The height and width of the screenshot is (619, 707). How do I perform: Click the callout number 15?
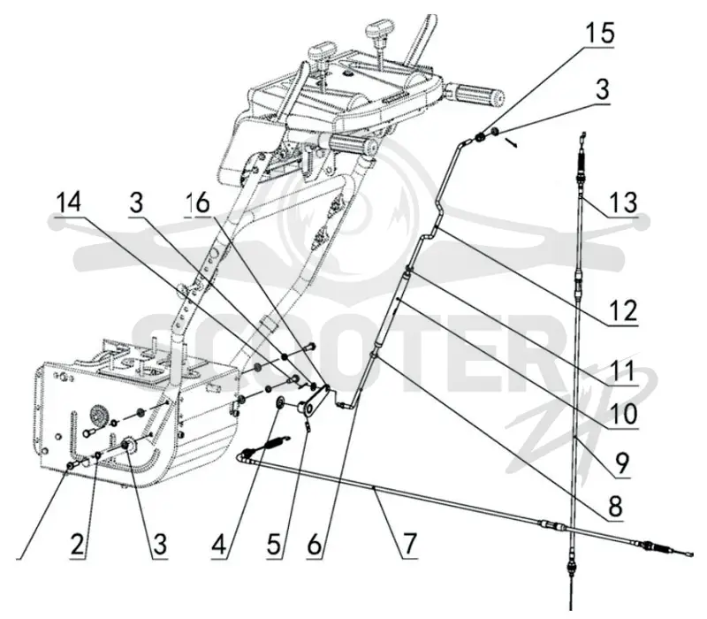[600, 33]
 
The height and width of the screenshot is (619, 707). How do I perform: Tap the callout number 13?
[623, 202]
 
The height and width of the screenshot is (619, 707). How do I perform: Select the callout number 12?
[623, 310]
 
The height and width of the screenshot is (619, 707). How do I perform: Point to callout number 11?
[623, 371]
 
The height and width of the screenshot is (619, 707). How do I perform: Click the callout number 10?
[623, 413]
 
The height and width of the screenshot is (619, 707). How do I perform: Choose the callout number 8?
[615, 506]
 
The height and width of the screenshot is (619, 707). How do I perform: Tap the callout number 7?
[409, 544]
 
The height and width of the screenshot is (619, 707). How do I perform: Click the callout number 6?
[315, 544]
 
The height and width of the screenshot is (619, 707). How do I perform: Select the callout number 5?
[274, 544]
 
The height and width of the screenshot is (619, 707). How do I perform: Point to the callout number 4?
[219, 544]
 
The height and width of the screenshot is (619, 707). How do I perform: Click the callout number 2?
[78, 544]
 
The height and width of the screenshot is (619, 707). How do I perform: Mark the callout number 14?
[69, 202]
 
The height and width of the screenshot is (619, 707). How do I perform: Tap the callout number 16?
[198, 203]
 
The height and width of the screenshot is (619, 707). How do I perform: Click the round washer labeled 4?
[281, 401]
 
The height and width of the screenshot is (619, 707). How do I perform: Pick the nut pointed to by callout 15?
[482, 135]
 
